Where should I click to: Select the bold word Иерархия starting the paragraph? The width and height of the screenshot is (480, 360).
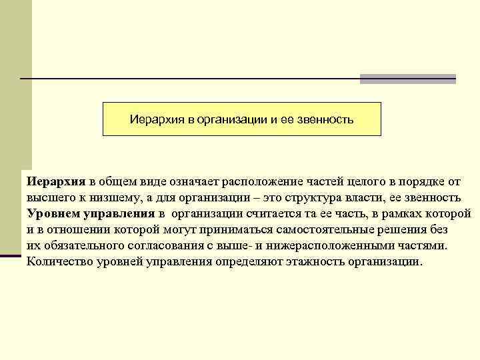pyautogui.click(x=56, y=182)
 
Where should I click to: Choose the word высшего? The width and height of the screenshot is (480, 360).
pyautogui.click(x=49, y=198)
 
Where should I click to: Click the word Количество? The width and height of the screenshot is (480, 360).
pyautogui.click(x=58, y=261)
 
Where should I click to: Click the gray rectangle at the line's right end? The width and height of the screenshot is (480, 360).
pyautogui.click(x=408, y=79)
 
